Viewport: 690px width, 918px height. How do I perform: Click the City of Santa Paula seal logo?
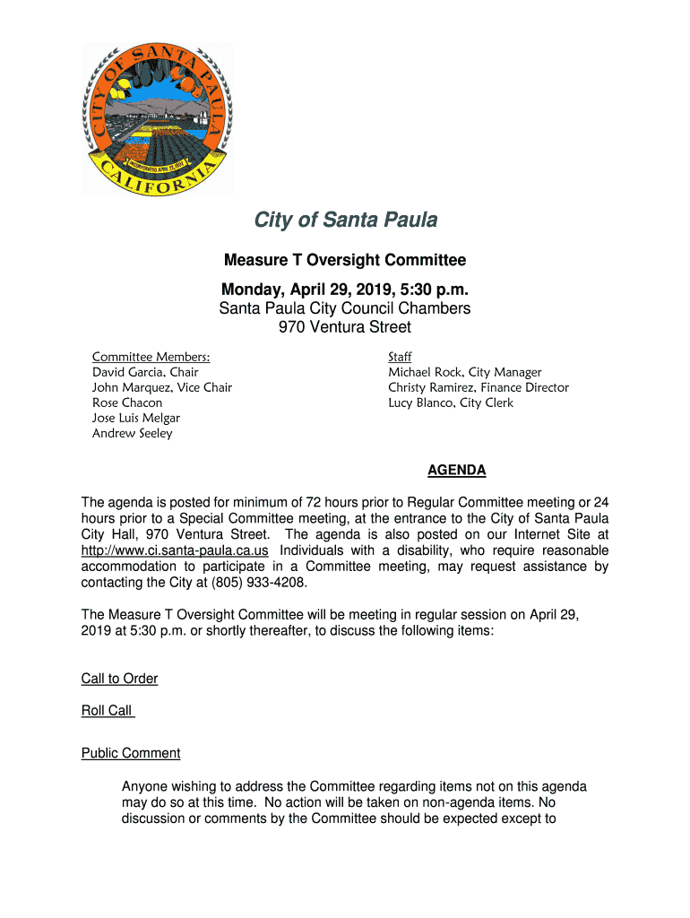click(x=158, y=118)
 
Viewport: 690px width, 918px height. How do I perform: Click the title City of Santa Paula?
click(x=345, y=221)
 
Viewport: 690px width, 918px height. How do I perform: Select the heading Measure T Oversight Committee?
click(x=345, y=261)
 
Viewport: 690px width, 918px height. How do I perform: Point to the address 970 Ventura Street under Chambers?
click(x=345, y=327)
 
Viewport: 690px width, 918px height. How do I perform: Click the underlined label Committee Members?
click(x=151, y=358)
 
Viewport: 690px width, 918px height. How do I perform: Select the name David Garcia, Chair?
click(x=145, y=372)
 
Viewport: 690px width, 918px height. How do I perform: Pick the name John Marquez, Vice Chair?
click(x=162, y=387)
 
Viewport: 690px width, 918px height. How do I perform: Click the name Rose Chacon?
click(x=127, y=403)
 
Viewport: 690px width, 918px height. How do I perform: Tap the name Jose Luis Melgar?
click(x=136, y=418)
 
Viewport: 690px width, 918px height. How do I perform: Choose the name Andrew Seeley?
click(x=133, y=433)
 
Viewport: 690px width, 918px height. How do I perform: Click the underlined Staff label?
click(x=400, y=358)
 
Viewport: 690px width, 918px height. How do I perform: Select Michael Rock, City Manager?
click(x=464, y=372)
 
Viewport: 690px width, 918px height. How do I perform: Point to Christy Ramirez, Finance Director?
click(x=478, y=387)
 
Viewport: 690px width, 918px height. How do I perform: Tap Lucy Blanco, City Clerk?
click(x=450, y=403)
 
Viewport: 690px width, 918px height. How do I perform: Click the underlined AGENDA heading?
click(x=456, y=470)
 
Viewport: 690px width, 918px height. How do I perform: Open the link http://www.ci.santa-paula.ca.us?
click(x=175, y=550)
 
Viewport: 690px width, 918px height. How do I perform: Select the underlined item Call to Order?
click(x=119, y=679)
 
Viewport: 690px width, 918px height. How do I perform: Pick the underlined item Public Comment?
click(x=131, y=753)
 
